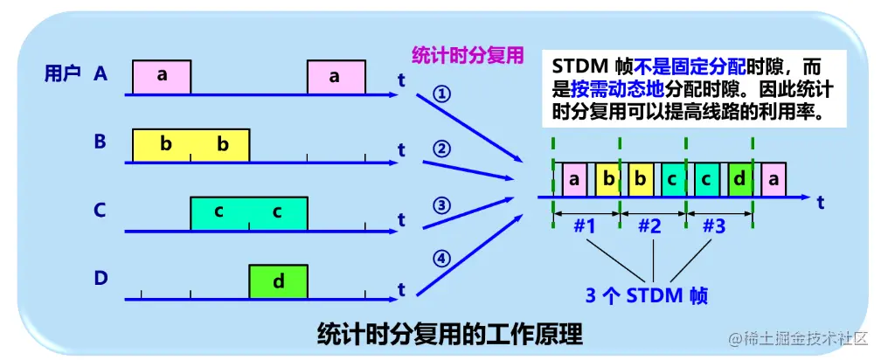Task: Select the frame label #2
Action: [649, 225]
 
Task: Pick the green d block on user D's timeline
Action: [278, 281]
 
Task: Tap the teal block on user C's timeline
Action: [249, 212]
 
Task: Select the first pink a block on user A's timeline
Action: [162, 77]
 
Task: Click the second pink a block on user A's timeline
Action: [336, 77]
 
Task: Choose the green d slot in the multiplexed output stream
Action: [739, 179]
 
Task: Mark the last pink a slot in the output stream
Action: [772, 179]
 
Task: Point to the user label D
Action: [101, 279]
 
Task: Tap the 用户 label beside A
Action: [62, 74]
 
